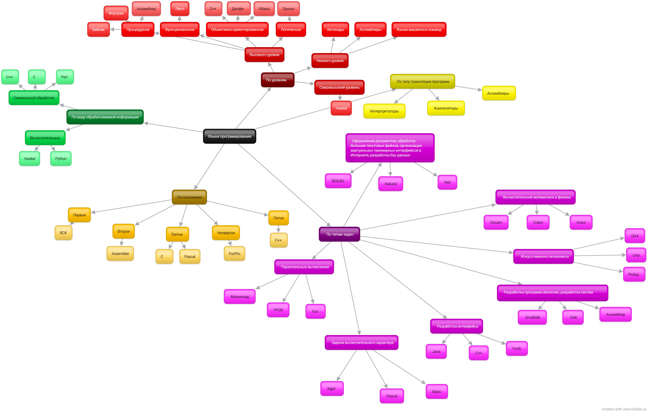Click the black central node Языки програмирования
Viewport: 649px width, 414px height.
tap(229, 136)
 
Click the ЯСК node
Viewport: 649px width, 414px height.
tap(63, 233)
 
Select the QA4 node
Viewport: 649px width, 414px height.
tap(635, 236)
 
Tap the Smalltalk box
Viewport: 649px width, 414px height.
tap(532, 317)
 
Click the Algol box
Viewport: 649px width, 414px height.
tap(331, 388)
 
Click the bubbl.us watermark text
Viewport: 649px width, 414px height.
tap(624, 409)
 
